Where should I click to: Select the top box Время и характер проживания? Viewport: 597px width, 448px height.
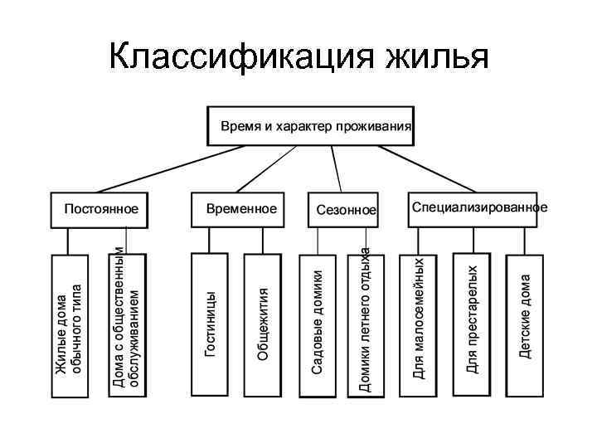coord(310,126)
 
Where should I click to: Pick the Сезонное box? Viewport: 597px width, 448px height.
coord(345,210)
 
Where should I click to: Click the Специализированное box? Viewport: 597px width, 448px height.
coord(478,208)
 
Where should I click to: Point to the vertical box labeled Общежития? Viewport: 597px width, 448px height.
coord(263,324)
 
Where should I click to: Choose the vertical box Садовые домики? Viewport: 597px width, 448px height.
coord(318,324)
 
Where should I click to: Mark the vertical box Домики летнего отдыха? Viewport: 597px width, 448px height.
coord(366,324)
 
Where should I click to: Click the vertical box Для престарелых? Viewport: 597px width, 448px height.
coord(472,324)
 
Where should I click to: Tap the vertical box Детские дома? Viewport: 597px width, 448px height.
coord(524,324)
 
